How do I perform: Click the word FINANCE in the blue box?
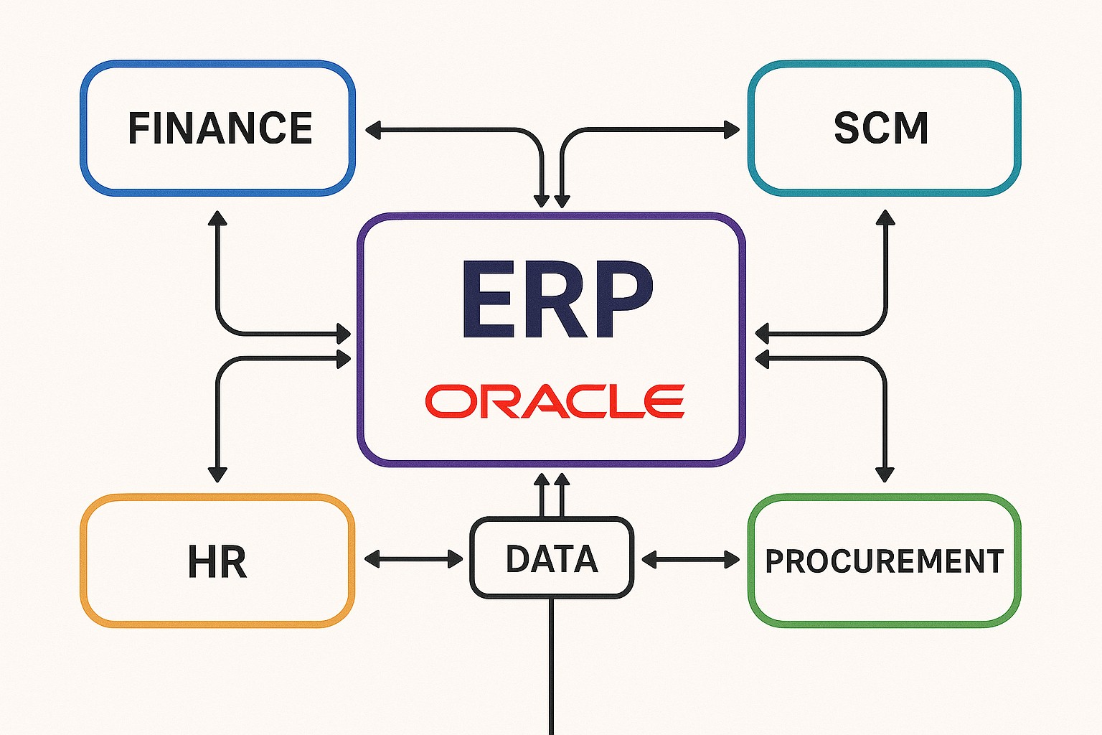pos(220,128)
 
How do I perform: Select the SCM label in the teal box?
pos(881,128)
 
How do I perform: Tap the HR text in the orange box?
pos(217,561)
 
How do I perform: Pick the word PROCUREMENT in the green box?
pos(884,561)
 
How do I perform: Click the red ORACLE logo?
pos(555,401)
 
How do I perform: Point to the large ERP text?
pos(556,299)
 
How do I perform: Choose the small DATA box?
pos(552,558)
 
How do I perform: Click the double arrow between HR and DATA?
pos(414,559)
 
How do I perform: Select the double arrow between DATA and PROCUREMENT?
pos(690,559)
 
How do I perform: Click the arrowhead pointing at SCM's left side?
pos(731,130)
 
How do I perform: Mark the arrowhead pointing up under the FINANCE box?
pos(217,218)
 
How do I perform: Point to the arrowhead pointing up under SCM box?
pos(886,218)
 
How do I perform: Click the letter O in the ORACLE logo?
pos(450,401)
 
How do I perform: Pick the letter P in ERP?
pos(620,299)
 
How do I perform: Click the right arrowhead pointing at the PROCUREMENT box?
pos(731,559)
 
